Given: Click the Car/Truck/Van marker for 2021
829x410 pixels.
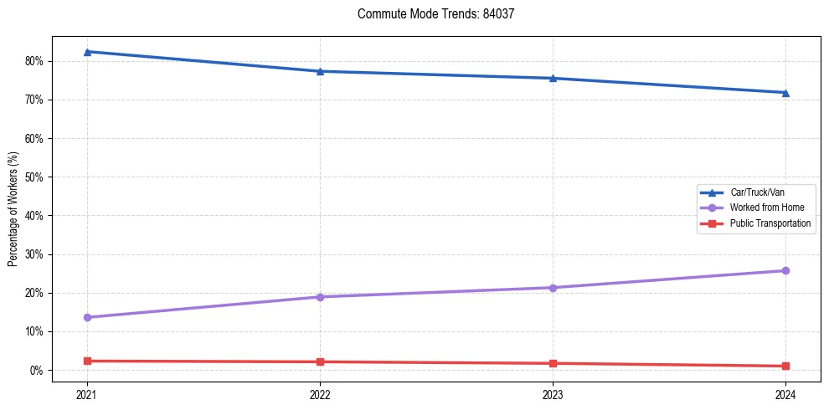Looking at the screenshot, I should pyautogui.click(x=87, y=52).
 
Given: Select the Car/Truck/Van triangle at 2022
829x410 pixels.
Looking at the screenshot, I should pyautogui.click(x=320, y=71).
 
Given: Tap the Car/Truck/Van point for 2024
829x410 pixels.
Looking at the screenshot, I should pyautogui.click(x=785, y=93).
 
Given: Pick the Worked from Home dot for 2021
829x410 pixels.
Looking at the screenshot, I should pyautogui.click(x=87, y=317).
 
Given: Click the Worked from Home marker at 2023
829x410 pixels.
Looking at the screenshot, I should pyautogui.click(x=553, y=288).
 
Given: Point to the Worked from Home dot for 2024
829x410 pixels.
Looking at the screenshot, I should pyautogui.click(x=785, y=270).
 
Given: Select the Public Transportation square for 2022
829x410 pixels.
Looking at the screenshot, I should pyautogui.click(x=320, y=361).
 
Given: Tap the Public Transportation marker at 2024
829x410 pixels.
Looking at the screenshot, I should pyautogui.click(x=785, y=366).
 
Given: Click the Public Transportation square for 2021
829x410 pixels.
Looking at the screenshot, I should pyautogui.click(x=87, y=361).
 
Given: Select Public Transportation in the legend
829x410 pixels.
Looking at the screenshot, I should pyautogui.click(x=770, y=223).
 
